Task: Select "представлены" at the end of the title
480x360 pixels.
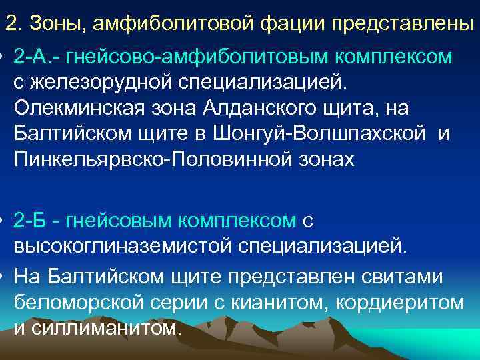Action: coord(399,24)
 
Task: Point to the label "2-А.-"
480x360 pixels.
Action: coord(41,58)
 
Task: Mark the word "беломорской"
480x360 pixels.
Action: coord(77,301)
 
